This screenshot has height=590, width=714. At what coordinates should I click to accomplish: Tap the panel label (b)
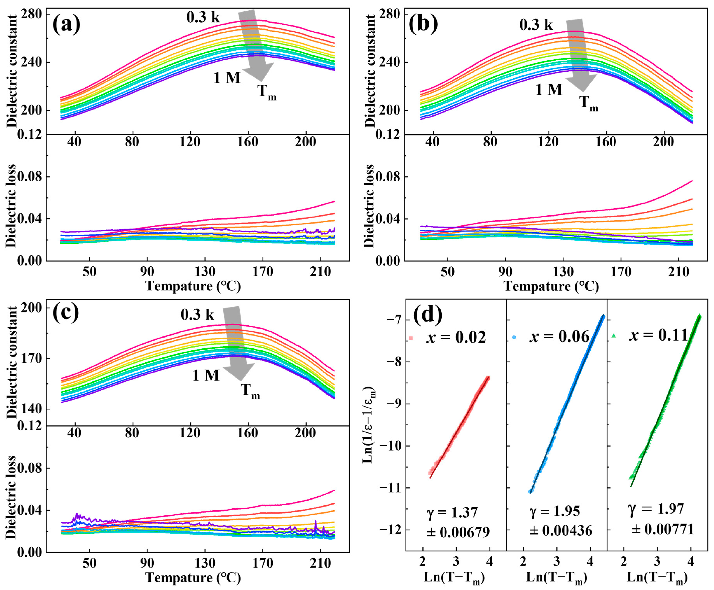pos(423,25)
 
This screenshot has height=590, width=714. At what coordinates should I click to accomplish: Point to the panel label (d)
pos(428,315)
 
